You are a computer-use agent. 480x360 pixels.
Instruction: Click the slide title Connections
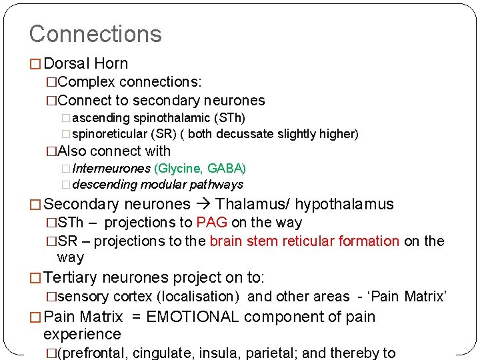coord(95,34)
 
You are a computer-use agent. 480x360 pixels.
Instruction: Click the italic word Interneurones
coord(111,168)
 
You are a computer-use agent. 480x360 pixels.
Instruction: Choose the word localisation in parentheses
coord(200,297)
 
